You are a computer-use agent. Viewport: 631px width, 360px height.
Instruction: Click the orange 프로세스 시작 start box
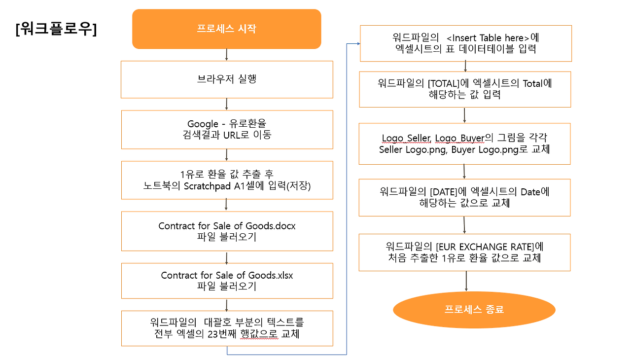[x=226, y=29]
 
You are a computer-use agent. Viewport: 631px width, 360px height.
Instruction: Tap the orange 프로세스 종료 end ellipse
[x=474, y=310]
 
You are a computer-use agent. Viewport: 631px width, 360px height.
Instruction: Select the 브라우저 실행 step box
[x=227, y=79]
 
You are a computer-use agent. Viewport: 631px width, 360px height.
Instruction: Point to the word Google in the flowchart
[x=203, y=124]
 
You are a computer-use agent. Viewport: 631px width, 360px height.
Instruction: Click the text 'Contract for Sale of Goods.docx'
[x=227, y=226]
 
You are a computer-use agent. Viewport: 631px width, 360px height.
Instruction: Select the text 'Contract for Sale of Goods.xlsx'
[x=227, y=275]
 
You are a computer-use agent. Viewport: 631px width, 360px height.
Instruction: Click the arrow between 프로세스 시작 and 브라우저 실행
[x=226, y=54]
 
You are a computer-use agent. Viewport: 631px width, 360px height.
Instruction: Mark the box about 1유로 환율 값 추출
[x=227, y=180]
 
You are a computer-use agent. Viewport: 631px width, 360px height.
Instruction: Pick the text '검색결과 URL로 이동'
[x=227, y=135]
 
